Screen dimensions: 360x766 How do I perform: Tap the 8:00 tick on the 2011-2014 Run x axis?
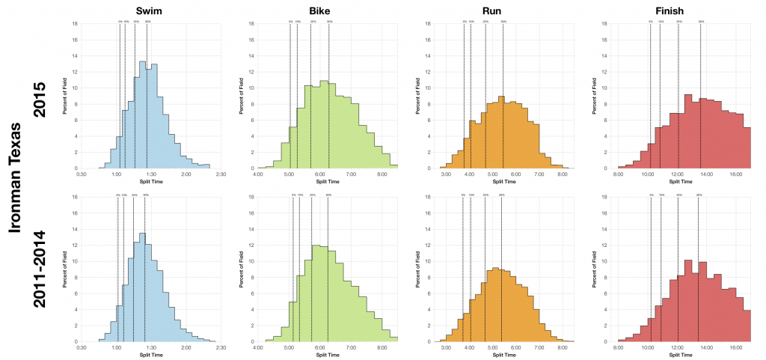[562, 347]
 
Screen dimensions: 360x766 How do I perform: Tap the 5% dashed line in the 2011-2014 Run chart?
[464, 269]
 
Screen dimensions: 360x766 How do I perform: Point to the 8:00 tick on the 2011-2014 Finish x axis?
[619, 347]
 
